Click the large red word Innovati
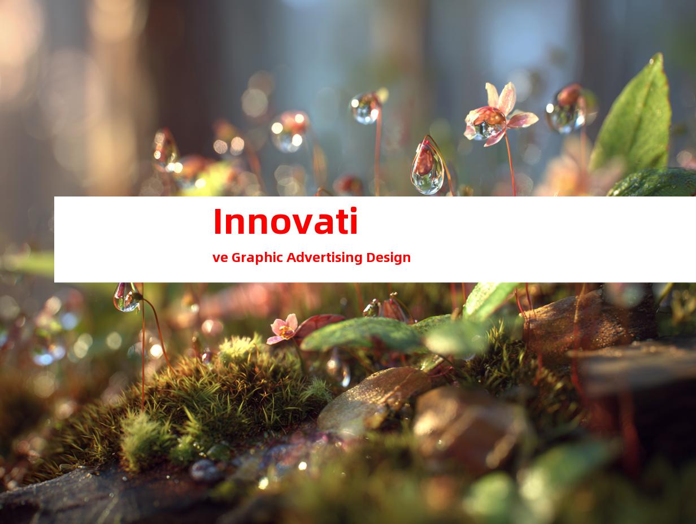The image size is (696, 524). (285, 221)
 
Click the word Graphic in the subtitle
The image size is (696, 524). (257, 257)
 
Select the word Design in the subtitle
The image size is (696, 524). (388, 257)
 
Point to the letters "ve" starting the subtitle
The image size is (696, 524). (220, 258)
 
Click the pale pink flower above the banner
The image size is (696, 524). (501, 115)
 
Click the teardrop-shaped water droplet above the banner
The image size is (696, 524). (428, 167)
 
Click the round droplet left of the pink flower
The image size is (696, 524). (366, 108)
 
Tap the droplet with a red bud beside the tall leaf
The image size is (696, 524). (567, 109)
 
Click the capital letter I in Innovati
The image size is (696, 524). (218, 221)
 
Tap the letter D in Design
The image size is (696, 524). (371, 257)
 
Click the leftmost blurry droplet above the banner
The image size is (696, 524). (165, 148)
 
